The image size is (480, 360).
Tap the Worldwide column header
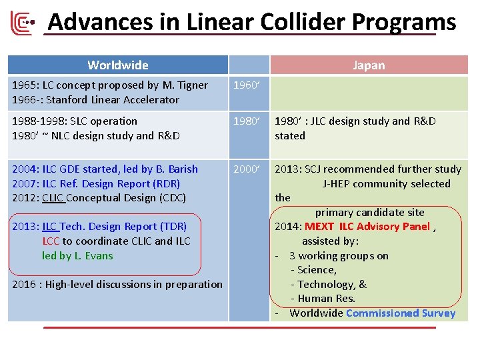coord(118,65)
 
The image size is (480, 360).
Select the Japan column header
coord(369,65)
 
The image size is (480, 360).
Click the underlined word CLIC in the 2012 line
coord(53,198)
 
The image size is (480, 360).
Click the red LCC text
coord(51,241)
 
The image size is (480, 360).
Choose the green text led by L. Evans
coord(77,256)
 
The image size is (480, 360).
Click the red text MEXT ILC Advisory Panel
coord(367,227)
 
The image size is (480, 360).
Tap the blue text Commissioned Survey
coord(401,313)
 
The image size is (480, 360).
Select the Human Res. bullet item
coord(327,299)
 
